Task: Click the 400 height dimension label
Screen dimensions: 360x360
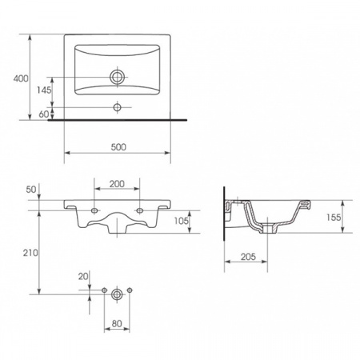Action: pos(21,78)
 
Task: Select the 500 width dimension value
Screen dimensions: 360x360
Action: pos(118,147)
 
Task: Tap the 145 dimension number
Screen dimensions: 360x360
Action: pos(44,90)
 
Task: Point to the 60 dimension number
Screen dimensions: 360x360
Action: pos(44,114)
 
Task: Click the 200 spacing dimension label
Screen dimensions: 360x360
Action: pos(117,184)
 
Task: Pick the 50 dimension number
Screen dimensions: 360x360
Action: pos(31,190)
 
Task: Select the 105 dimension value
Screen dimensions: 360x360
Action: pos(182,221)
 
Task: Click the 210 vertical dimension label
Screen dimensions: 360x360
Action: pos(30,253)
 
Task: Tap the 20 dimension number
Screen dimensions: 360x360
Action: pos(83,277)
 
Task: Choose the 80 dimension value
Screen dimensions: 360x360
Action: pos(117,324)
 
